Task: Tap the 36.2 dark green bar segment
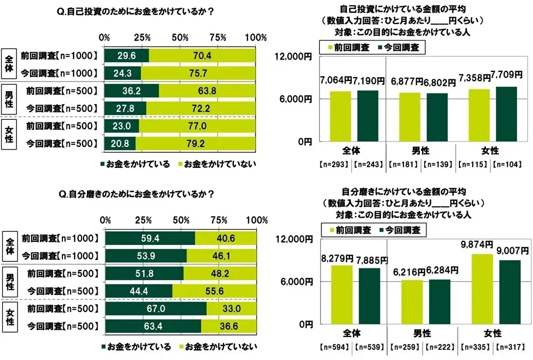(132, 92)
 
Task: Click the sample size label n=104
(508, 165)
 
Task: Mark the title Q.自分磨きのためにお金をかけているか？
(140, 194)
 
